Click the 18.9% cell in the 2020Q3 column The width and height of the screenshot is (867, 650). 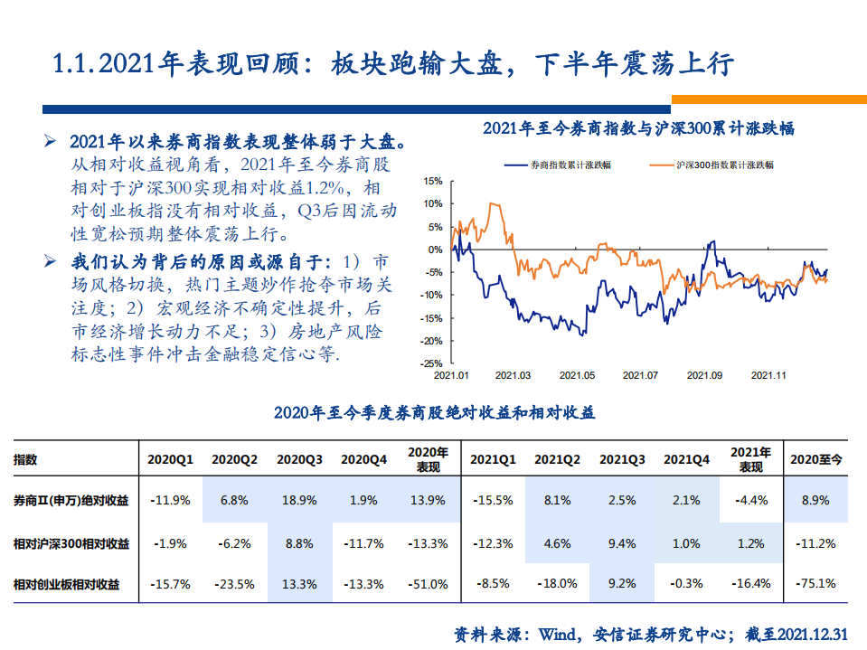(299, 500)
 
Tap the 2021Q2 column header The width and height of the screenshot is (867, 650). (557, 459)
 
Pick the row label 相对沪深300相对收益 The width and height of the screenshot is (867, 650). (71, 543)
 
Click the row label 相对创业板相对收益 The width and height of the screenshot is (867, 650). (71, 585)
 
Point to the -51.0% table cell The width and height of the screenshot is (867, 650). (428, 584)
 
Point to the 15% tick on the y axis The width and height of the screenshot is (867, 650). (408, 181)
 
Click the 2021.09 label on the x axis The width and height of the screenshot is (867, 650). (704, 375)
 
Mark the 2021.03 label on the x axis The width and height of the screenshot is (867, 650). (514, 375)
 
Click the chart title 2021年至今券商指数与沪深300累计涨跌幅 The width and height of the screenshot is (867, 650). (637, 128)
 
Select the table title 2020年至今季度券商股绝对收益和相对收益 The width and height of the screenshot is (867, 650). (434, 413)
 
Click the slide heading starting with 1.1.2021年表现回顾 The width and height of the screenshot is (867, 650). (394, 64)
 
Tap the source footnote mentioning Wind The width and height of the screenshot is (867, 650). (651, 634)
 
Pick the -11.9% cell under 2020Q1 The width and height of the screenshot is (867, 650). (171, 500)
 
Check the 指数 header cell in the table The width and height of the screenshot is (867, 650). (26, 459)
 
